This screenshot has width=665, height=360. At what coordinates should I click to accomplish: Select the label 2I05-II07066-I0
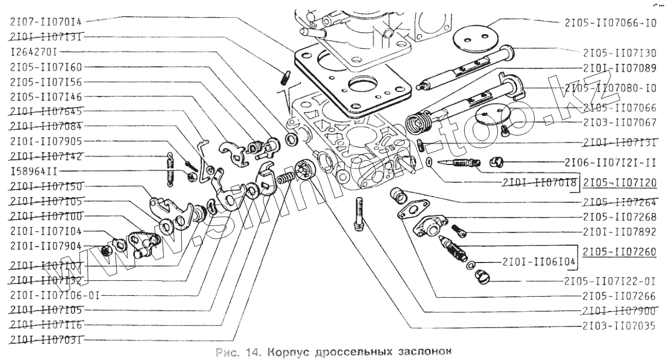tap(610, 23)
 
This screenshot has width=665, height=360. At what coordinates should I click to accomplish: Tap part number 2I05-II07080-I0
tap(610, 88)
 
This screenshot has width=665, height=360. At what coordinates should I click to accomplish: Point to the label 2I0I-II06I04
tap(539, 261)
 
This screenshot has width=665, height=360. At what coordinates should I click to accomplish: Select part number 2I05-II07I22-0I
tap(610, 280)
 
